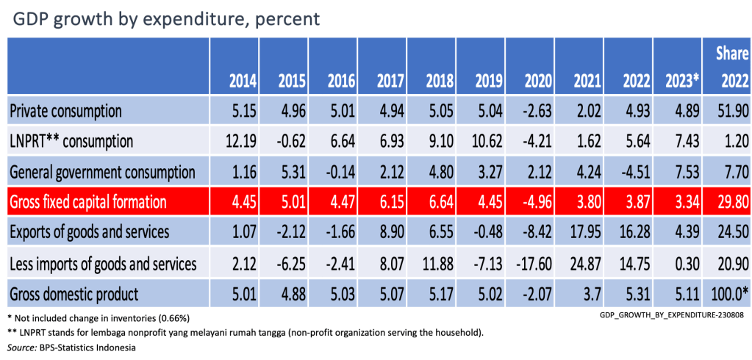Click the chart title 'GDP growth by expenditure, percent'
[x=166, y=19]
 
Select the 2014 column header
[x=234, y=80]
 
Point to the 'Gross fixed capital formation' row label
[x=88, y=202]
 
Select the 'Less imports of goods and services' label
[x=102, y=264]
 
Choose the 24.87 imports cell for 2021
[x=580, y=264]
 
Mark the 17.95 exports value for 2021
[x=580, y=233]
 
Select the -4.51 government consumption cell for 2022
[x=630, y=173]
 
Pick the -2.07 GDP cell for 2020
[x=531, y=295]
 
